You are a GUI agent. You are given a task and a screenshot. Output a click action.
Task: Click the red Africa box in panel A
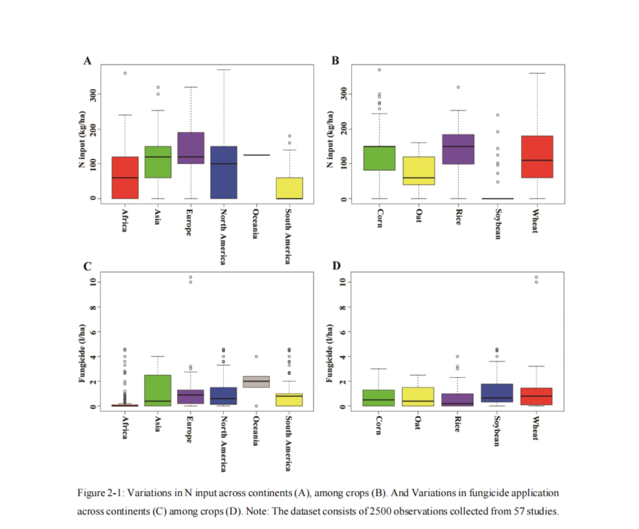[x=125, y=177]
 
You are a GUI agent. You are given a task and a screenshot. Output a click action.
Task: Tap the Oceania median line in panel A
[x=257, y=155]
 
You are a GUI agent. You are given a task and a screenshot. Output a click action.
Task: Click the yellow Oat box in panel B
[x=419, y=171]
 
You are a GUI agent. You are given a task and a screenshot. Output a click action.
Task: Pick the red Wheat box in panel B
[x=537, y=157]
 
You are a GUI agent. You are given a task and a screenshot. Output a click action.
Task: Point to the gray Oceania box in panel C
[x=257, y=382]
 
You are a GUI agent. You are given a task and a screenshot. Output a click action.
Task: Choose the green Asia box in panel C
[x=158, y=390]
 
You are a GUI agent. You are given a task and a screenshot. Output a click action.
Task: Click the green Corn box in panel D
[x=379, y=398]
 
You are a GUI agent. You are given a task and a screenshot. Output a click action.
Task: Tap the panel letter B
[x=335, y=61]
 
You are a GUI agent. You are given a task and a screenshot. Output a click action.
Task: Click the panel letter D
[x=336, y=266]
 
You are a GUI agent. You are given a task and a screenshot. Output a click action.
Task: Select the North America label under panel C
[x=223, y=444]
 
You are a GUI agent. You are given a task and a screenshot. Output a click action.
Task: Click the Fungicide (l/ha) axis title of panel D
[x=330, y=353]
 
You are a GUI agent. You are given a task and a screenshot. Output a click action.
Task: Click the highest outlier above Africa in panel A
[x=125, y=73]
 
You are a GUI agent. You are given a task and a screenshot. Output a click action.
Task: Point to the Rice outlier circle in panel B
[x=458, y=87]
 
